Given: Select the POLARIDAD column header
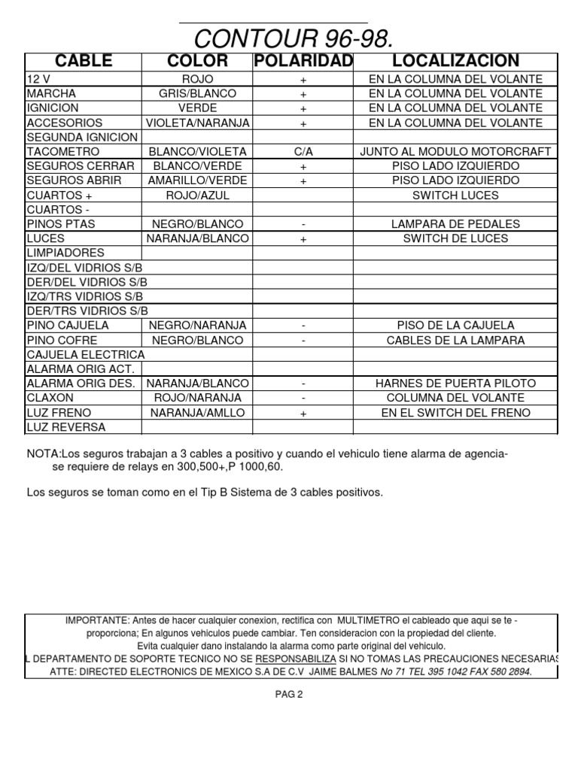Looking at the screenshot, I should pyautogui.click(x=303, y=61).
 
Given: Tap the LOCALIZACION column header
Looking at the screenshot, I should pyautogui.click(x=455, y=61).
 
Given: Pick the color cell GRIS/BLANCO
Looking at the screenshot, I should pyautogui.click(x=197, y=94).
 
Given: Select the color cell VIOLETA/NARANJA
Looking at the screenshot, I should pyautogui.click(x=197, y=123).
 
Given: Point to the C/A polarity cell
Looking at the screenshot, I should pyautogui.click(x=303, y=152).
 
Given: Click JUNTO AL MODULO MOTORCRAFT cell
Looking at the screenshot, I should pyautogui.click(x=455, y=152).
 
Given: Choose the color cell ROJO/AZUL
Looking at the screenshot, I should pyautogui.click(x=197, y=196).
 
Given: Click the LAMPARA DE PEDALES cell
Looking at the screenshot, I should pyautogui.click(x=455, y=224).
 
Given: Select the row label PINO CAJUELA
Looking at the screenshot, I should pyautogui.click(x=68, y=326).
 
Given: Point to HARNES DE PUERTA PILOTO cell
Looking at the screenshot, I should pyautogui.click(x=455, y=383).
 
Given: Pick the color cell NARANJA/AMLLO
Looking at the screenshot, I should pyautogui.click(x=197, y=413).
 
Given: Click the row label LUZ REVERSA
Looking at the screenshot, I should pyautogui.click(x=65, y=427).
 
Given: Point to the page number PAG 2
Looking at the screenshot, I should pyautogui.click(x=289, y=695).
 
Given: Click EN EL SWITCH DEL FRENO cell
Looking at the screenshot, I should pyautogui.click(x=455, y=413).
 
